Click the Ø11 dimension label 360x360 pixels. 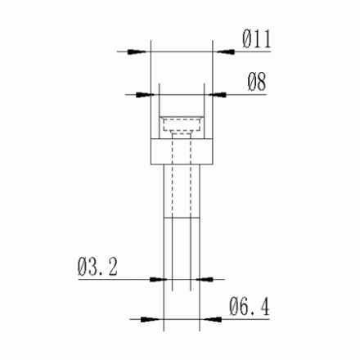[257, 37]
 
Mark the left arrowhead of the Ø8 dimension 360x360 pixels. [151, 95]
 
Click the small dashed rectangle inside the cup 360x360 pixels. [182, 127]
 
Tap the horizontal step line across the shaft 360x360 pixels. [182, 219]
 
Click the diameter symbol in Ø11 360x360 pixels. [247, 37]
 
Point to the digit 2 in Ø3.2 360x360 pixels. [115, 266]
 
